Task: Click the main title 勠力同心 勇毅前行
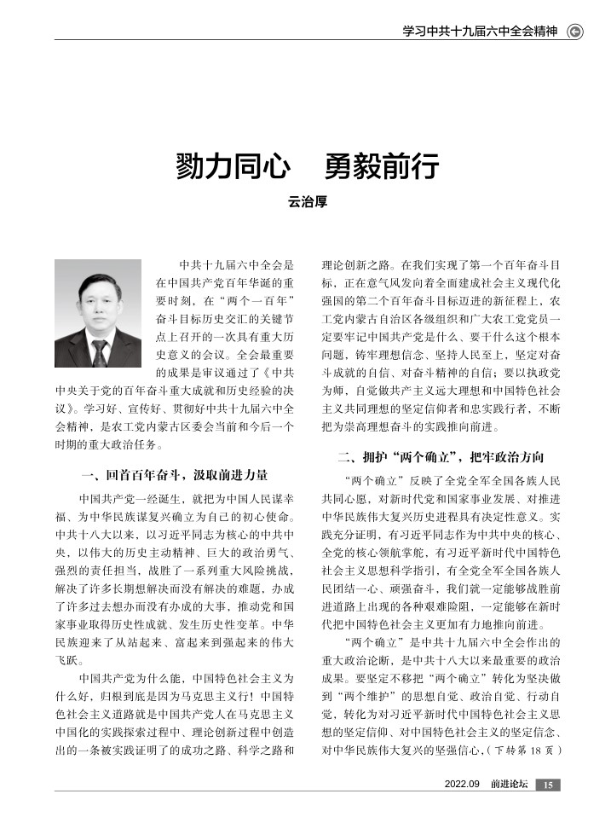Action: [x=305, y=165]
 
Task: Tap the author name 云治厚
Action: [x=305, y=202]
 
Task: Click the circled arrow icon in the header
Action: [x=575, y=32]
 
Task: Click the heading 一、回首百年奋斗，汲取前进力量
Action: [x=174, y=474]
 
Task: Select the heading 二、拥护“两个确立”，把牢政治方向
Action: [x=441, y=457]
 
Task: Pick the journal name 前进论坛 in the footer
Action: [x=509, y=785]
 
